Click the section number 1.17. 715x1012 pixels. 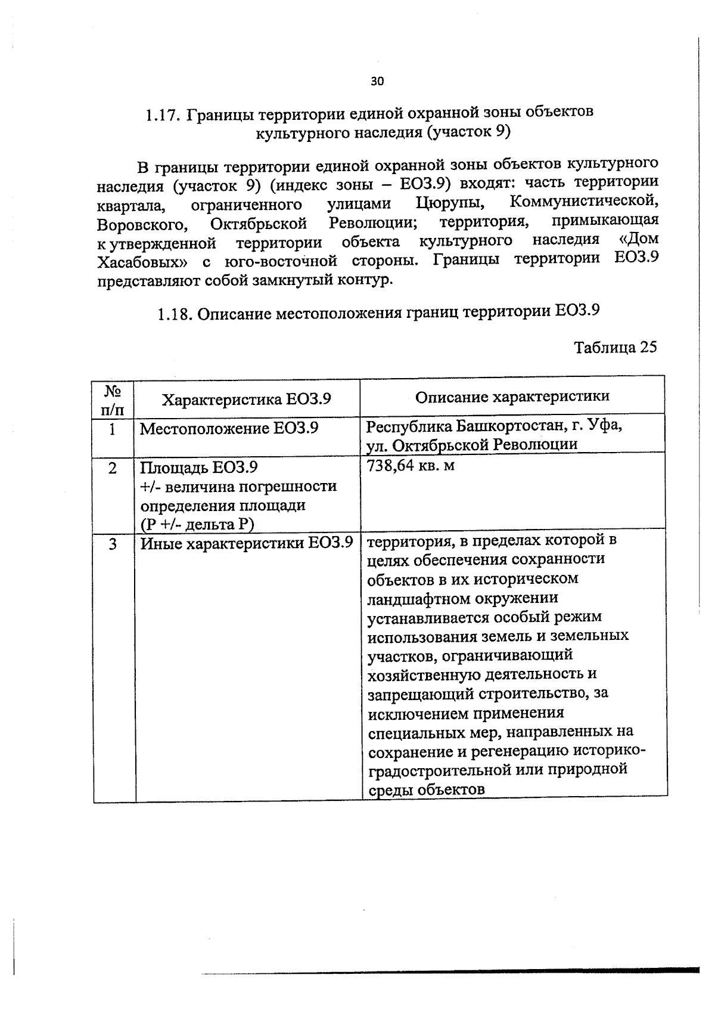click(163, 114)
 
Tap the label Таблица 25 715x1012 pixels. click(615, 347)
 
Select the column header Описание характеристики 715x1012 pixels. click(512, 397)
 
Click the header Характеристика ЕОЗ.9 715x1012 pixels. click(247, 399)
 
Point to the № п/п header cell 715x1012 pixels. click(113, 400)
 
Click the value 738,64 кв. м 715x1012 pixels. click(411, 466)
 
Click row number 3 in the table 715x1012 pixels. click(113, 544)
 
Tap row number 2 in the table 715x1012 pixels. click(113, 468)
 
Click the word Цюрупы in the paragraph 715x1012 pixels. click(449, 203)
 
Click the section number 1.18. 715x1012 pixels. click(174, 314)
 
